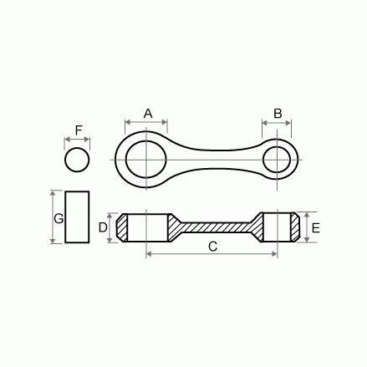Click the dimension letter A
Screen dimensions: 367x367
tap(148, 113)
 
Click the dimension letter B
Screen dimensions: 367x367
tap(278, 113)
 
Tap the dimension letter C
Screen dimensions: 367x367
tap(212, 246)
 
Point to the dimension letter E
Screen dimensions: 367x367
tap(315, 227)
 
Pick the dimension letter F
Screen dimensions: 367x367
tap(78, 130)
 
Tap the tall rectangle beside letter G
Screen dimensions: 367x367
tap(78, 217)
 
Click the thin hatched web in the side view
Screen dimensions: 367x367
tap(212, 226)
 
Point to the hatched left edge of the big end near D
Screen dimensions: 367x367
tap(122, 227)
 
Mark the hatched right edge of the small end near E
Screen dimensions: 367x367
tap(293, 227)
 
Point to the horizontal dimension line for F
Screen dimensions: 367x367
tap(78, 140)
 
